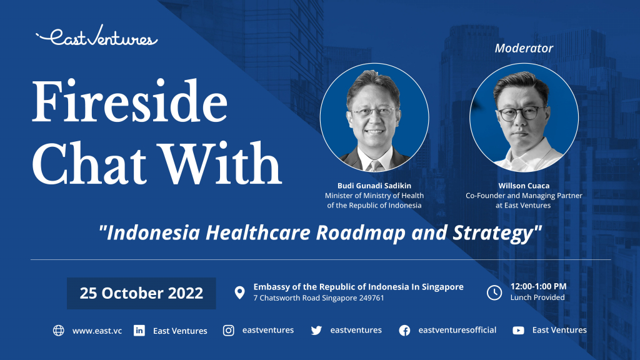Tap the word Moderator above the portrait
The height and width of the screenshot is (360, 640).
click(x=524, y=48)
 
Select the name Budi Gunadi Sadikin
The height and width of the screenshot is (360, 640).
click(x=374, y=186)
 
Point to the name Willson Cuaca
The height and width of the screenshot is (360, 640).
click(x=524, y=186)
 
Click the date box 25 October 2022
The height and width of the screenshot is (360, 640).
click(x=141, y=293)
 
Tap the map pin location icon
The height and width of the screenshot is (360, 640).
click(x=239, y=292)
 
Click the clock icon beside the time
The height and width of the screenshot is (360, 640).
click(x=494, y=292)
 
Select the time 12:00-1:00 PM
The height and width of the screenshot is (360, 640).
click(x=538, y=286)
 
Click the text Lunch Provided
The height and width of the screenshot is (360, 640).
click(x=537, y=297)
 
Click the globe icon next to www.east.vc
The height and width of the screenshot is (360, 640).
click(x=59, y=331)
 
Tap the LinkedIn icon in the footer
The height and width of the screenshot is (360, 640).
click(x=139, y=331)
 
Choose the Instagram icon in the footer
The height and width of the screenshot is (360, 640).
click(x=229, y=331)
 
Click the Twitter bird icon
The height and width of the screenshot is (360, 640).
click(x=316, y=331)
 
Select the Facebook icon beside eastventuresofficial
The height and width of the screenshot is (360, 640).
click(x=404, y=331)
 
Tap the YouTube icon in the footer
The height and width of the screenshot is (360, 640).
click(x=518, y=331)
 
